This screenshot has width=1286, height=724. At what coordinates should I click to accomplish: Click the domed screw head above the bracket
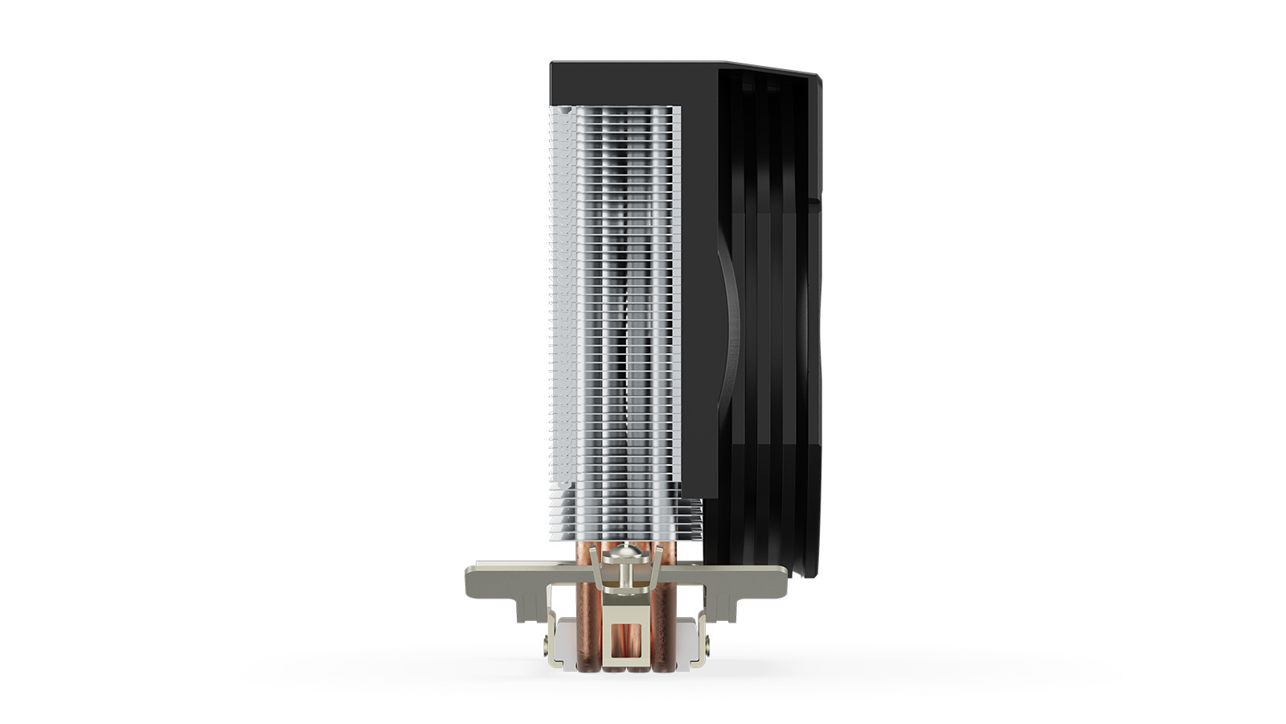pyautogui.click(x=626, y=553)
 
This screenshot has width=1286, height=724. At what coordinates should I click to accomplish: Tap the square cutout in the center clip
pyautogui.click(x=626, y=636)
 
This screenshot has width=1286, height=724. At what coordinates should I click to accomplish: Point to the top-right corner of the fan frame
pyautogui.click(x=819, y=77)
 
